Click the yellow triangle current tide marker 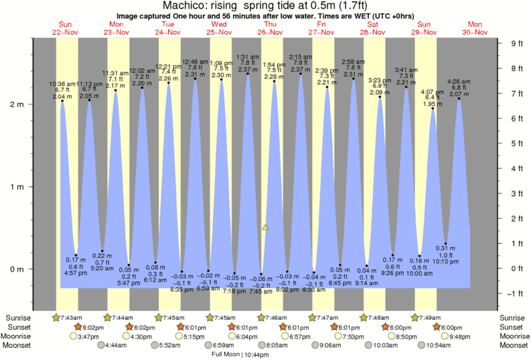266,228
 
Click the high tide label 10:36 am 63,84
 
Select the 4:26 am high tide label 459,82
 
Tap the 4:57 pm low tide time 76,273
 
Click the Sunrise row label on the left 18,317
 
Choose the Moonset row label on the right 512,345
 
